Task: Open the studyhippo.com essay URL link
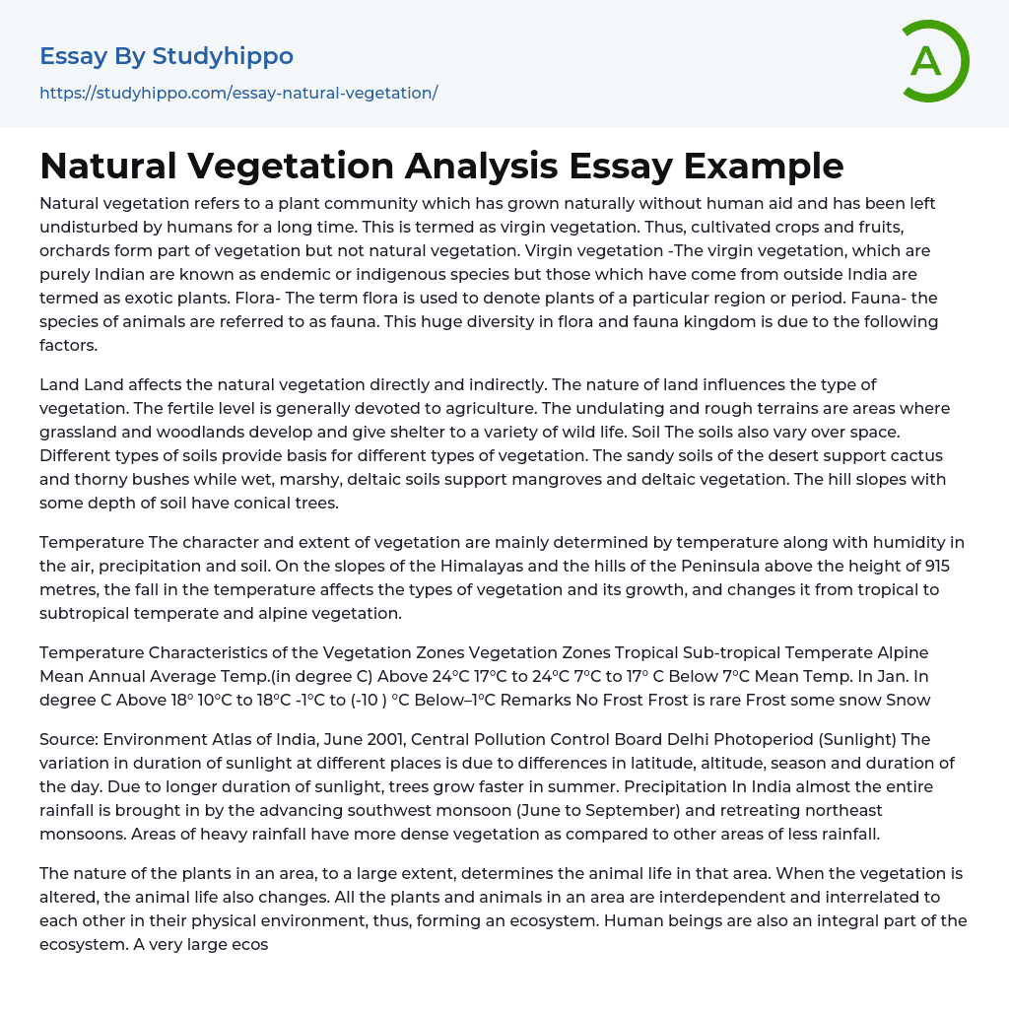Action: click(238, 93)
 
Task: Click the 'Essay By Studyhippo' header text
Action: click(167, 56)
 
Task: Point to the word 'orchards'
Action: click(72, 250)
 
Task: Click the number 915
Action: click(936, 566)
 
